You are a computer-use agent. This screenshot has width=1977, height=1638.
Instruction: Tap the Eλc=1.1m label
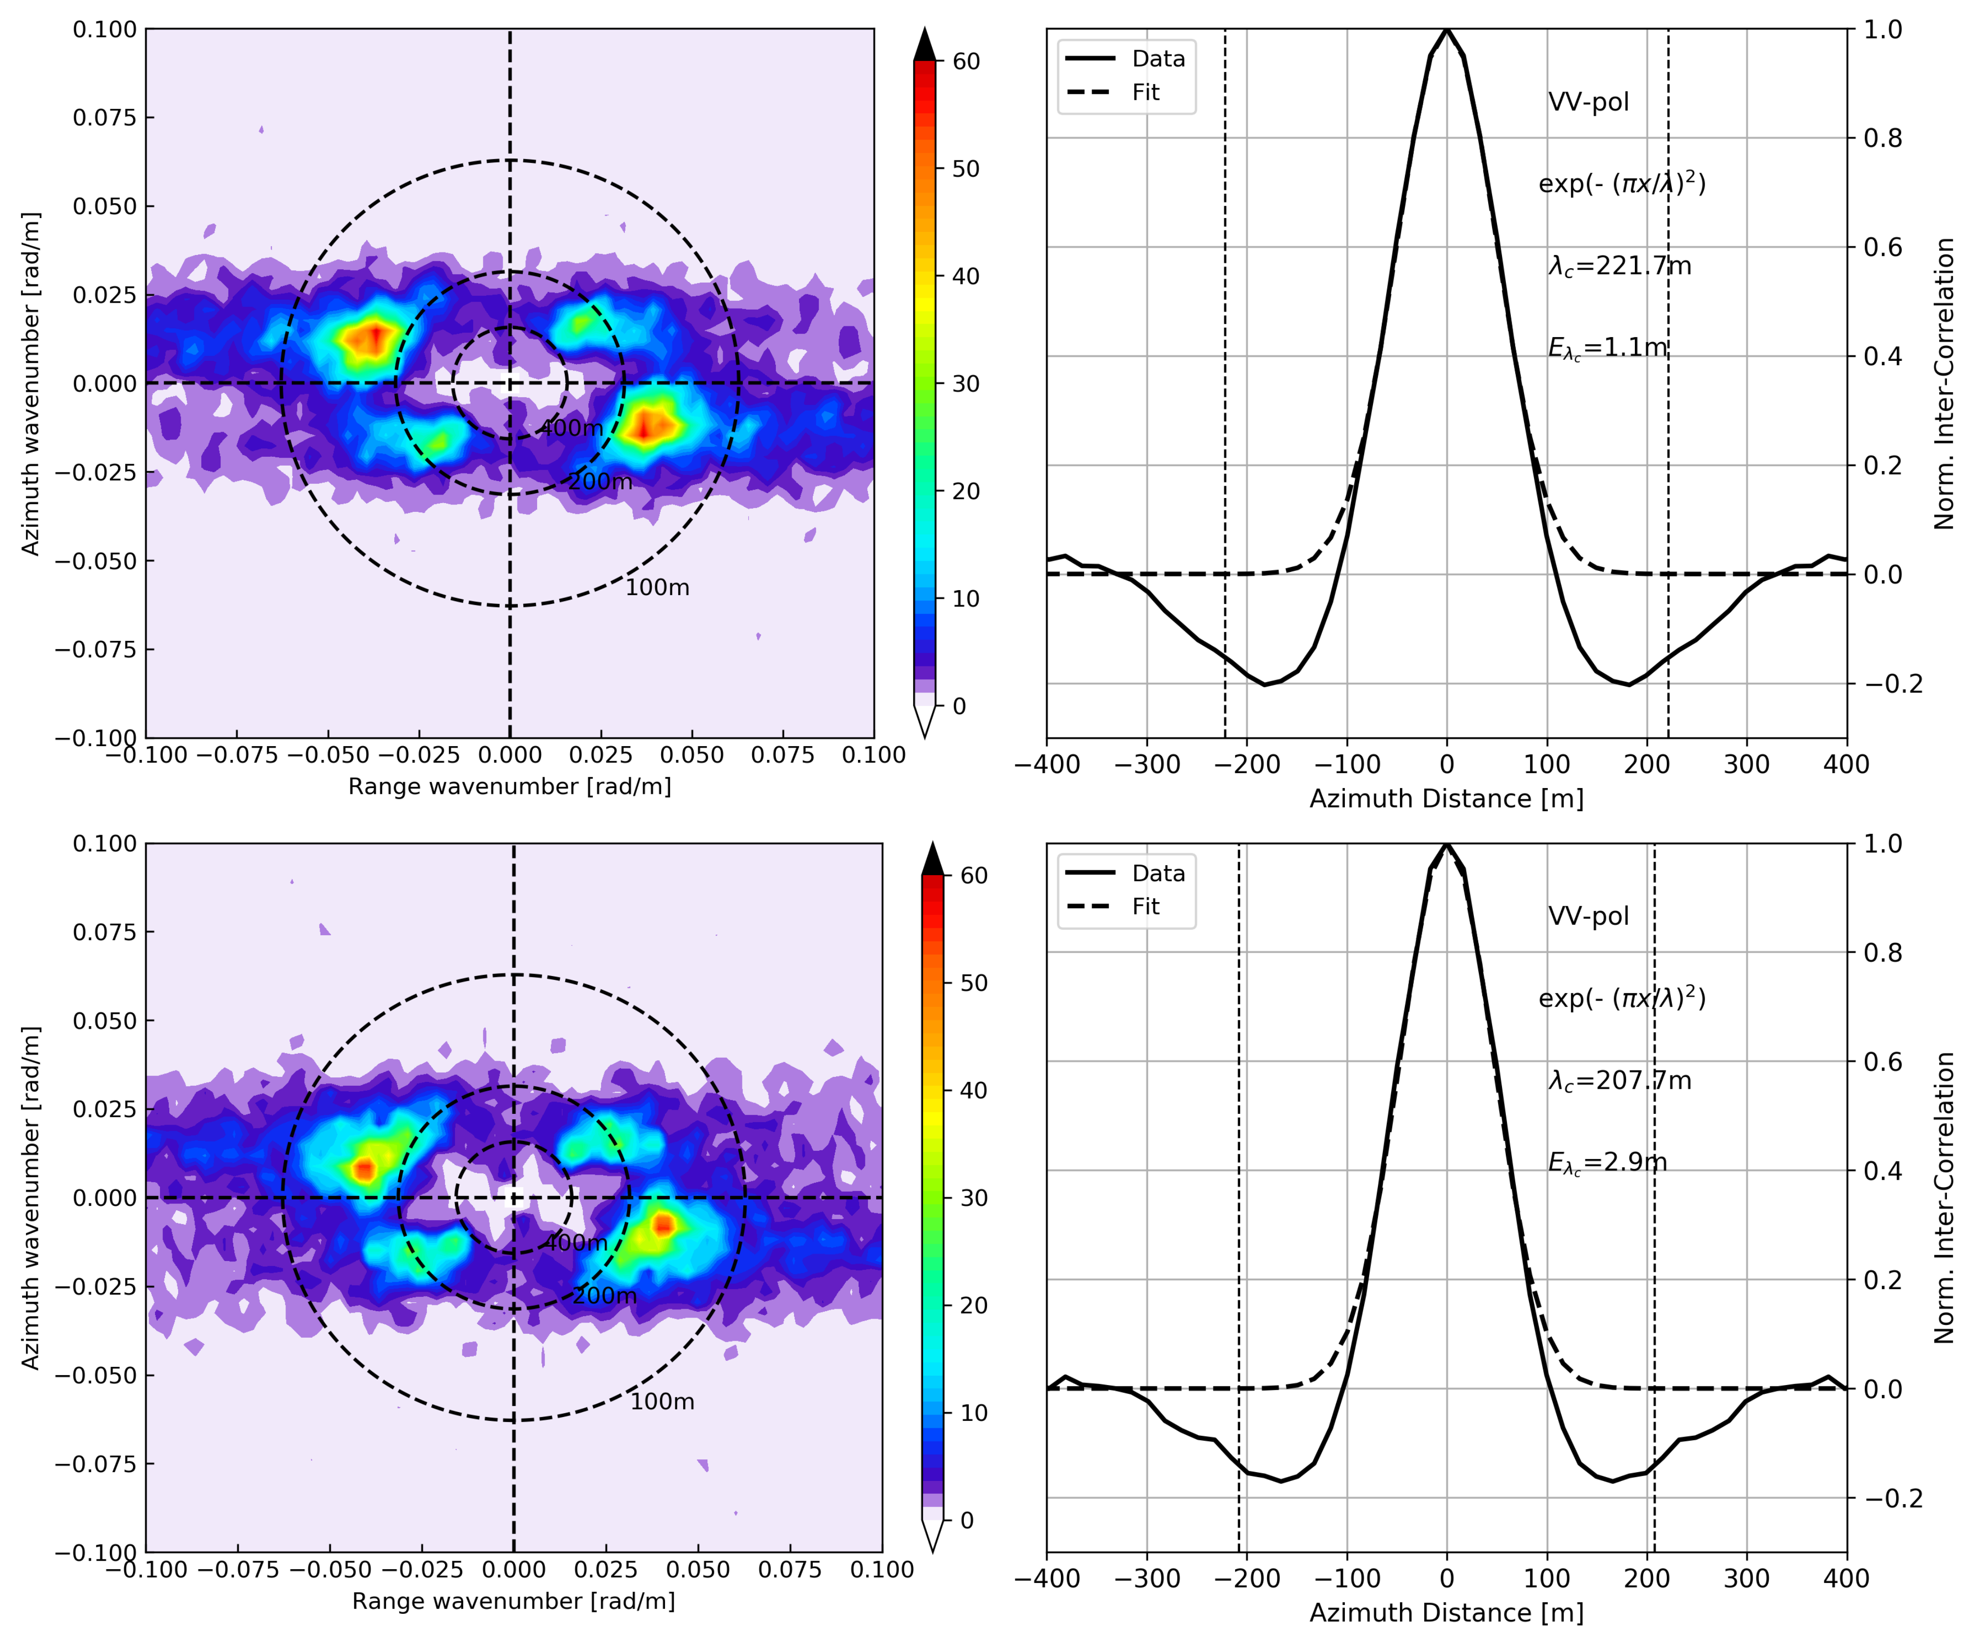click(x=1607, y=348)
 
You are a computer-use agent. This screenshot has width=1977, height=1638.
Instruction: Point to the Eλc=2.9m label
click(x=1607, y=1163)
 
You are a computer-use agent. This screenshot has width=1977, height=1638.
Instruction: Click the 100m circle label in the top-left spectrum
click(x=657, y=587)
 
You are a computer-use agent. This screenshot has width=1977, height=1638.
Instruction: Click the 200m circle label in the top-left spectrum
click(x=601, y=482)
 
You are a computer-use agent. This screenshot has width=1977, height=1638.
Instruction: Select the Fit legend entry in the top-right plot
click(x=1146, y=92)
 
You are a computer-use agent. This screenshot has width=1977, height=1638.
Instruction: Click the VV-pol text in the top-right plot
click(x=1588, y=102)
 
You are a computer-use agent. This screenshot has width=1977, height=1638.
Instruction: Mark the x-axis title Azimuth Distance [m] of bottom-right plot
click(x=1446, y=1612)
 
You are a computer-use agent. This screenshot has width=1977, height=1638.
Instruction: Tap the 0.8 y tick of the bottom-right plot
click(x=1883, y=953)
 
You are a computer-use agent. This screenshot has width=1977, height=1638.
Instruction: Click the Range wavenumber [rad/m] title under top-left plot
click(x=510, y=786)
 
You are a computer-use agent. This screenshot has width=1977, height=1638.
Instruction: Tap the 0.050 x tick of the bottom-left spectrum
click(x=697, y=1569)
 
